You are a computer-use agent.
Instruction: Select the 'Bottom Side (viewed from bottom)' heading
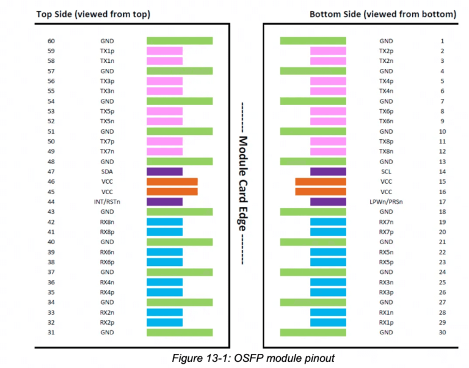click(382, 13)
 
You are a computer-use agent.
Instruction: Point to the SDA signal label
click(106, 172)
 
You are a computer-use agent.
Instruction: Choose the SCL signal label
click(386, 172)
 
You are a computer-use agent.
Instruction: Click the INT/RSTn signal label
click(106, 202)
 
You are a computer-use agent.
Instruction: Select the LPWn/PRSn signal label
click(386, 202)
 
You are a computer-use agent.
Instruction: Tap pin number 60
click(51, 41)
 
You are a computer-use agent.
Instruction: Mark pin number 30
click(442, 332)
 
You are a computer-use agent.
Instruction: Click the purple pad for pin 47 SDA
click(164, 172)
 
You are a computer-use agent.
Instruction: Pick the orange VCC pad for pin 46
click(172, 182)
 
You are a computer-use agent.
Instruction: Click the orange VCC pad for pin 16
click(321, 192)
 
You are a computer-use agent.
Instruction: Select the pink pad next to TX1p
click(164, 51)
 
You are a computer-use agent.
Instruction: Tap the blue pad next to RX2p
click(164, 322)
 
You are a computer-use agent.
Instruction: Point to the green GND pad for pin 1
click(313, 41)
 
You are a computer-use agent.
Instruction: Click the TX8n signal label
click(386, 151)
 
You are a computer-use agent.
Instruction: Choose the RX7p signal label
click(386, 232)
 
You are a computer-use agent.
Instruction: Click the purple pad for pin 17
click(328, 202)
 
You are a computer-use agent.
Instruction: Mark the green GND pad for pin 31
click(180, 332)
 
